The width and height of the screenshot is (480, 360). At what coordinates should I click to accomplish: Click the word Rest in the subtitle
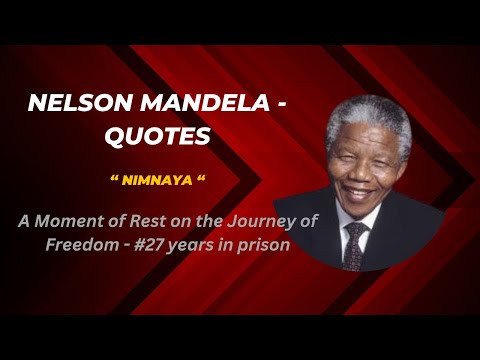coord(149,222)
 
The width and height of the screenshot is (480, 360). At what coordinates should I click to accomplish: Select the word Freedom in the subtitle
coord(77,246)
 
